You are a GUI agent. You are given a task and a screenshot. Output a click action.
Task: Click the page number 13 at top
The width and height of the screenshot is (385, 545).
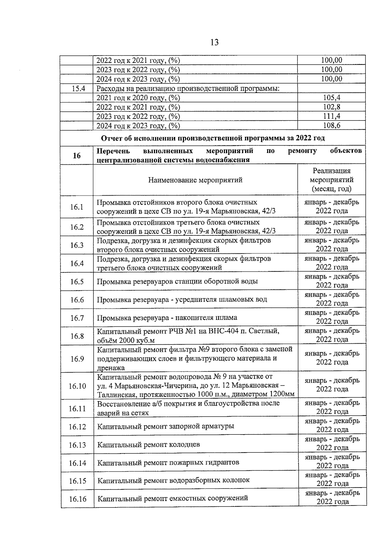(x=214, y=42)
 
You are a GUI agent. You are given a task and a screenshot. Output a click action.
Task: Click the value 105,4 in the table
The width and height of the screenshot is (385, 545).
(x=331, y=98)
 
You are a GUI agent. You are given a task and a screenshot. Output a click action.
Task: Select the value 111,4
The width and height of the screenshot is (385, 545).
(x=331, y=116)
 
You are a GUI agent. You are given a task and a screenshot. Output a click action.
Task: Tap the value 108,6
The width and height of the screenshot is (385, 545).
(x=331, y=126)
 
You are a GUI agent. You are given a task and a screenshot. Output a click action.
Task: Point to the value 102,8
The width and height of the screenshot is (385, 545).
(x=331, y=107)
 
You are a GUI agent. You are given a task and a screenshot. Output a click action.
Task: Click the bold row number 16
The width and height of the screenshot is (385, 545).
(x=77, y=156)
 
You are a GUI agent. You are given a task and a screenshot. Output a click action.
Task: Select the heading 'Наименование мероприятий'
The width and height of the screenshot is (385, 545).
(x=195, y=180)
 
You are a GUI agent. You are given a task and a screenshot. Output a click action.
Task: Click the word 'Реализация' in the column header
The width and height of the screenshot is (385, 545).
(x=332, y=171)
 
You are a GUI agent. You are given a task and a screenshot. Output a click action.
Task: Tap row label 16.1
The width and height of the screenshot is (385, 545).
(x=77, y=207)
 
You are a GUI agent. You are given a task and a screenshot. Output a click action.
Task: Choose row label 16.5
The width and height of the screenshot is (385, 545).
(x=77, y=282)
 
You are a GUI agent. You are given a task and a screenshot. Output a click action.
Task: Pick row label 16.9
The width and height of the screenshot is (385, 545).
(x=77, y=359)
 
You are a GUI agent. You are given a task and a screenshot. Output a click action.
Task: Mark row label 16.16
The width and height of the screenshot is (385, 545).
(x=78, y=499)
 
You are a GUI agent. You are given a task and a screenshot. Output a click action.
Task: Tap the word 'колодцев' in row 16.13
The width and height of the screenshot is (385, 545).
(x=184, y=444)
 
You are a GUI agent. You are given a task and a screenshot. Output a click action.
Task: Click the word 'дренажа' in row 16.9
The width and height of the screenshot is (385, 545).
(x=111, y=368)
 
